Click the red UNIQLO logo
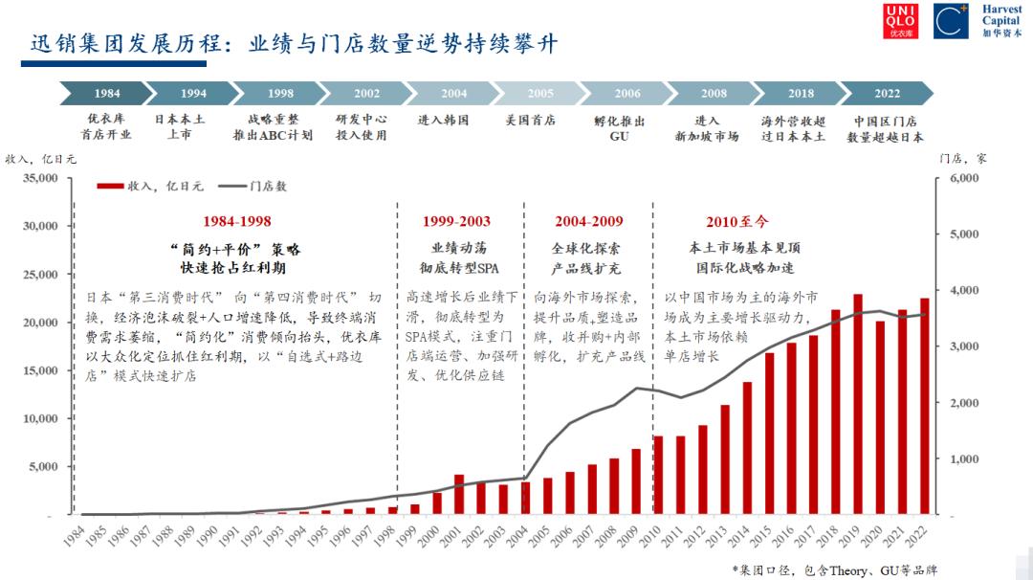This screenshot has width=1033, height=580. tap(900, 20)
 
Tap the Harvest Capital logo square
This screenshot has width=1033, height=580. tap(952, 20)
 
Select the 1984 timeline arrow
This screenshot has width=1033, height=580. tap(106, 94)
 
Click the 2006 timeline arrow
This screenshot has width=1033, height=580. tap(626, 94)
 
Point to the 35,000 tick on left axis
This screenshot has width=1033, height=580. tap(39, 178)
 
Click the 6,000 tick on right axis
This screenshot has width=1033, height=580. tap(963, 178)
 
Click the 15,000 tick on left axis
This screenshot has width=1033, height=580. tap(39, 370)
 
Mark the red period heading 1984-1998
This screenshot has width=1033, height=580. tap(236, 221)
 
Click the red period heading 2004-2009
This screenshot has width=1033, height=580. tap(588, 221)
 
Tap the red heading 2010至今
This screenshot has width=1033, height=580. tap(736, 221)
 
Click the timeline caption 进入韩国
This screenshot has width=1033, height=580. tap(443, 122)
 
